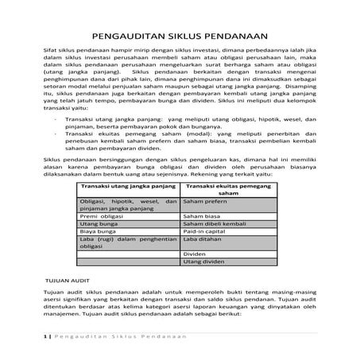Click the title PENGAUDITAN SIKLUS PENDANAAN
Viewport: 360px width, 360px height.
click(180, 34)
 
